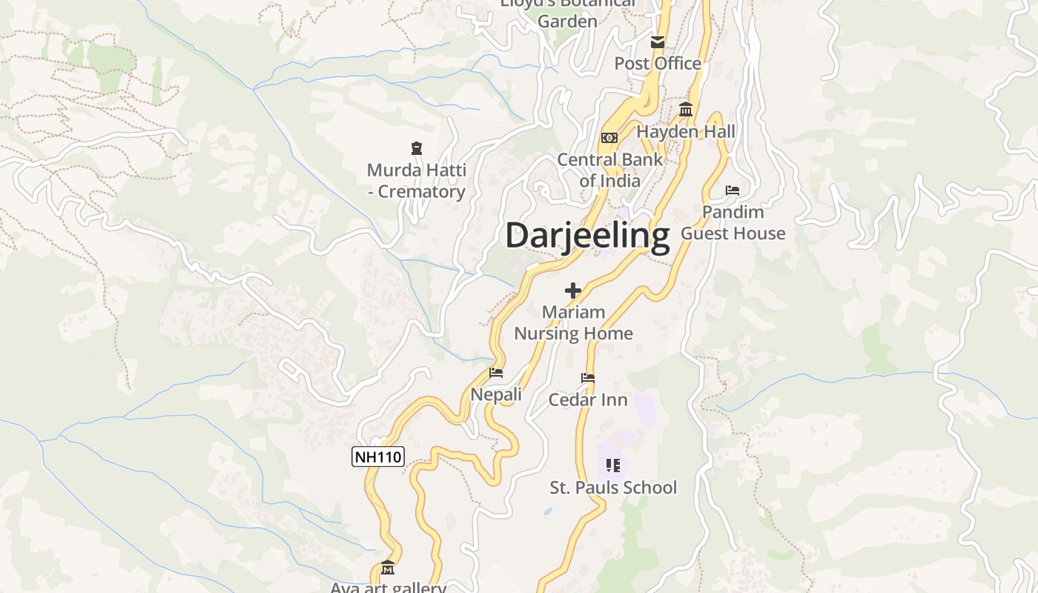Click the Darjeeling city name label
click(587, 236)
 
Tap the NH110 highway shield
click(378, 457)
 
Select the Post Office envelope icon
click(657, 42)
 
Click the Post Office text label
click(658, 64)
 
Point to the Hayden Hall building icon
click(686, 110)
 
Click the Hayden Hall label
click(686, 132)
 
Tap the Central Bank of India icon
click(609, 138)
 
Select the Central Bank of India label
click(609, 170)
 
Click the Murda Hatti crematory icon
click(417, 149)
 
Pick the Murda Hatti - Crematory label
click(417, 181)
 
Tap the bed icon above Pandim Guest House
click(733, 191)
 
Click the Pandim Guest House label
click(733, 222)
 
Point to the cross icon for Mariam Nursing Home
click(573, 291)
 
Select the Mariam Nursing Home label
click(573, 322)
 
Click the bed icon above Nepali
click(496, 373)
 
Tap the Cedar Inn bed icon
click(588, 378)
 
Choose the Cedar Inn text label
click(588, 400)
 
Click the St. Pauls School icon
click(612, 466)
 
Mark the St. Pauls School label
click(612, 487)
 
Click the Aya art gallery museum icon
click(388, 569)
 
